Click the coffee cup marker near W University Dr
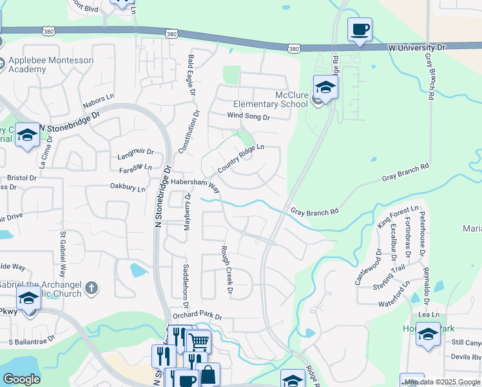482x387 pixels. coord(360,29)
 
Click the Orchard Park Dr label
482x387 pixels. coord(197,317)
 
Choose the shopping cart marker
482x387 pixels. coord(199,341)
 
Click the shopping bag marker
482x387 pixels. coord(208,375)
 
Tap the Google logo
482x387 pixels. coord(21,379)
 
